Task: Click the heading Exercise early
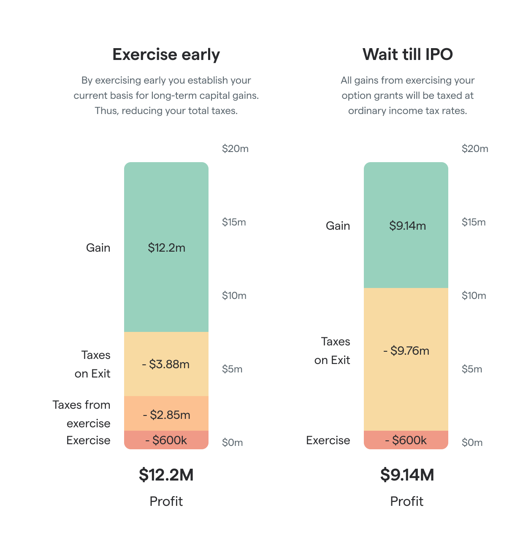[166, 54]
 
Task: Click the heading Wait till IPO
[407, 54]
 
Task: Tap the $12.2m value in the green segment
[166, 247]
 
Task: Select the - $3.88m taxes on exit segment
[166, 364]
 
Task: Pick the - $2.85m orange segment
[166, 415]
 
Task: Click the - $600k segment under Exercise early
[166, 440]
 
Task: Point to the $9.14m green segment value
[407, 225]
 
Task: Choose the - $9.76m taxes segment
[406, 350]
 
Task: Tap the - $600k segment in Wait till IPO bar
[406, 440]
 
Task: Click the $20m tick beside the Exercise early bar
[235, 149]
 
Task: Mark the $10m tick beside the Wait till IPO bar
[474, 296]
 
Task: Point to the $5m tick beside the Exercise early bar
[232, 369]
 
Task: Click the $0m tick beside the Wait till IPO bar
[472, 443]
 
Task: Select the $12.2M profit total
[166, 475]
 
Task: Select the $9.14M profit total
[407, 475]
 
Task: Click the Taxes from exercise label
[81, 414]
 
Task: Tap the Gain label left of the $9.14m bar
[337, 225]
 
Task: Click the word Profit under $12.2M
[166, 501]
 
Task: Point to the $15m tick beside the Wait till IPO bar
[474, 222]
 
